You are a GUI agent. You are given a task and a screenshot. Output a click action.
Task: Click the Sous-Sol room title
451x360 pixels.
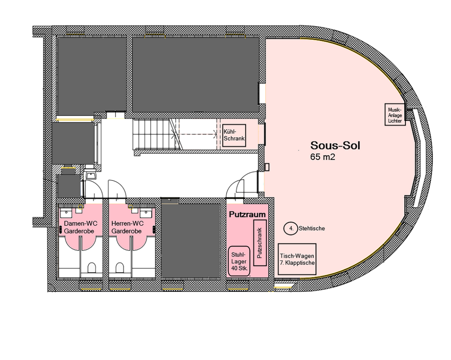pyautogui.click(x=335, y=145)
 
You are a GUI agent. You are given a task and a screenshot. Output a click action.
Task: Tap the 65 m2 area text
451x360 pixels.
pyautogui.click(x=323, y=157)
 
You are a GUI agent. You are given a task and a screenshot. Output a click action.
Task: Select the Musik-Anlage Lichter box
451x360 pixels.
pyautogui.click(x=395, y=115)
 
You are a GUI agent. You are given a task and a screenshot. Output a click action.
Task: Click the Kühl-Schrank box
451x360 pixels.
pyautogui.click(x=234, y=135)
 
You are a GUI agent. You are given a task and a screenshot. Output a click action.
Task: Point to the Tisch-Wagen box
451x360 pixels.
pyautogui.click(x=297, y=259)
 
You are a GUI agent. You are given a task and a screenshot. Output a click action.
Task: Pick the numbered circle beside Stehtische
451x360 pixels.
pyautogui.click(x=291, y=229)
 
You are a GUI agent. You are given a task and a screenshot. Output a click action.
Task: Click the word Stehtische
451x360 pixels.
pyautogui.click(x=312, y=228)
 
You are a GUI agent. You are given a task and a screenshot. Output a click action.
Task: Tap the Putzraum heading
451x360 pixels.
pyautogui.click(x=247, y=215)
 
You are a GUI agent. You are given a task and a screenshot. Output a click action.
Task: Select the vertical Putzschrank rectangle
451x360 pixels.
pyautogui.click(x=260, y=243)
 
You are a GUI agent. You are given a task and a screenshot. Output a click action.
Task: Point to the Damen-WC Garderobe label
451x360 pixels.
pyautogui.click(x=81, y=227)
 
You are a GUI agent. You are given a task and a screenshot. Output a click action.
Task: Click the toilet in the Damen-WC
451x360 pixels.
pyautogui.click(x=92, y=268)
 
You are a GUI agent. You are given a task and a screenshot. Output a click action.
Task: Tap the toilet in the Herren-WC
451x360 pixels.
pyautogui.click(x=120, y=268)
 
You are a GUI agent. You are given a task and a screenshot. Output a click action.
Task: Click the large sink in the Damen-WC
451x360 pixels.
pyautogui.click(x=66, y=213)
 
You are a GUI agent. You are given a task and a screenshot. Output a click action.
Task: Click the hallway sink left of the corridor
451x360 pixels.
pyautogui.click(x=91, y=175)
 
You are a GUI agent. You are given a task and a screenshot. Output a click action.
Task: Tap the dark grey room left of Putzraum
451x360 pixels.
pyautogui.click(x=191, y=241)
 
